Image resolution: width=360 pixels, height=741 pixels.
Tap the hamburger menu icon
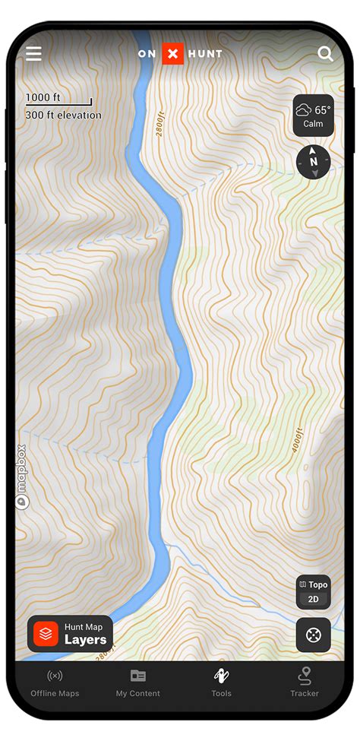[x=33, y=53]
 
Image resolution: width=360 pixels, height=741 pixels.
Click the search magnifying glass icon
[x=325, y=53]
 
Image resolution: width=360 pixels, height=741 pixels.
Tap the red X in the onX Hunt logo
[x=173, y=53]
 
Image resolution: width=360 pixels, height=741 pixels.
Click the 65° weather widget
[x=313, y=116]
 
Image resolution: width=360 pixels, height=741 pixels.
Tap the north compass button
[x=313, y=162]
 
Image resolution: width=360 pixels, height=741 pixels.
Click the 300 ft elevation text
[x=63, y=116]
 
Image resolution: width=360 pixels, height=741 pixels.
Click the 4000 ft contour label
[x=297, y=441]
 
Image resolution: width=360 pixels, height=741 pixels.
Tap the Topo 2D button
[x=313, y=592]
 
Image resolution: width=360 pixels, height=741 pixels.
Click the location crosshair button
[x=313, y=634]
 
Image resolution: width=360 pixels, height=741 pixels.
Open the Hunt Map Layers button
[x=71, y=634]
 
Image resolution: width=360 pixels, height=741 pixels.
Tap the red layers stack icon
[x=46, y=634]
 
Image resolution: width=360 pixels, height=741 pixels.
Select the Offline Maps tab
[x=55, y=682]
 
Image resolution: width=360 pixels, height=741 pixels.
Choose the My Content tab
[x=137, y=682]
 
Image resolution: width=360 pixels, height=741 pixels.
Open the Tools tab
[x=221, y=682]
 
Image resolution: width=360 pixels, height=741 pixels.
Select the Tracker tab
[x=305, y=682]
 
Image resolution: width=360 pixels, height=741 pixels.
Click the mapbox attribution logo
[x=21, y=477]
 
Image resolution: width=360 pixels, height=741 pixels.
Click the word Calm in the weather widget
[x=313, y=124]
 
